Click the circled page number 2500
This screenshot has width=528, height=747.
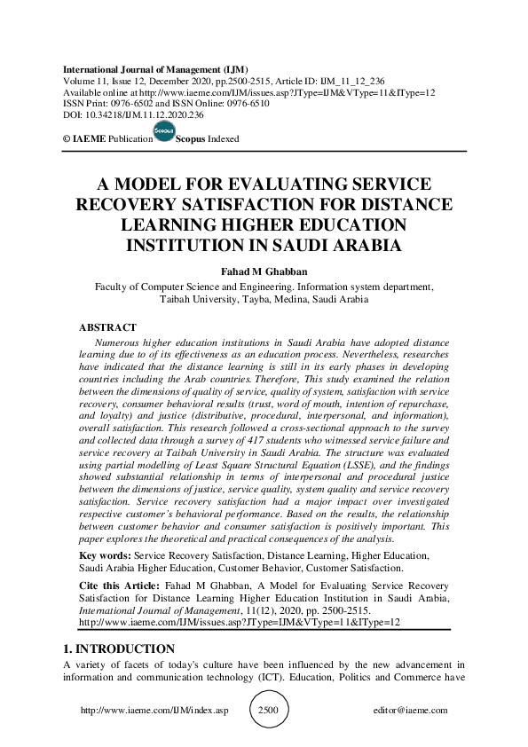point(267,711)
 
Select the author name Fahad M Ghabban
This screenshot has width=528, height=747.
point(264,271)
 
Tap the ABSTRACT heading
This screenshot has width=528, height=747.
point(107,327)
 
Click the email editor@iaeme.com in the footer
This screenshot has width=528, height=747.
point(411,711)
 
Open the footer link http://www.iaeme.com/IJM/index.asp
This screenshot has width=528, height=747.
point(154,711)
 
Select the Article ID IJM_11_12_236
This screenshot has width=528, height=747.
point(352,81)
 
